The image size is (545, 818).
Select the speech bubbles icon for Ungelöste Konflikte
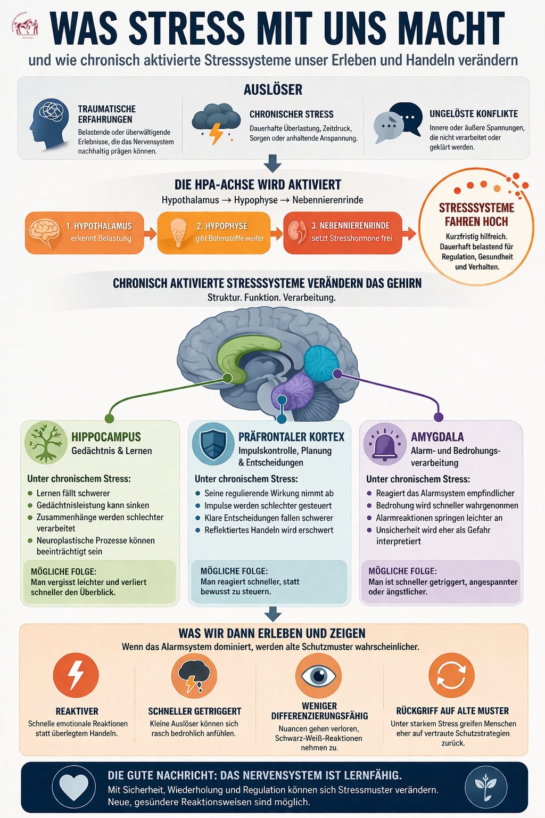click(398, 122)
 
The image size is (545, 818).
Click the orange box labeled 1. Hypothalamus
click(84, 232)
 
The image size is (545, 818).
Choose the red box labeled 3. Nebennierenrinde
click(342, 232)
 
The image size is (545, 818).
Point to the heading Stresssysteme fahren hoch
click(476, 214)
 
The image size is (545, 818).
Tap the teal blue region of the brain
click(321, 363)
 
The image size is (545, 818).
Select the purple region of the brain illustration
click(293, 390)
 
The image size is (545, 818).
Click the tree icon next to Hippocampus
click(46, 443)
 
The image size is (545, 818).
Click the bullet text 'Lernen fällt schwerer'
click(73, 493)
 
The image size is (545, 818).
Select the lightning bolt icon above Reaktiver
click(76, 675)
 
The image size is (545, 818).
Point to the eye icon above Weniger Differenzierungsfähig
click(318, 675)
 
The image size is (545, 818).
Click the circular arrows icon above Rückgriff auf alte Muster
click(451, 675)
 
